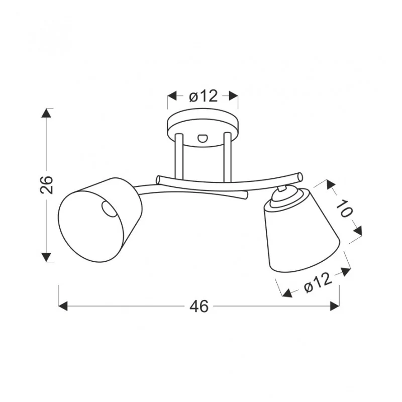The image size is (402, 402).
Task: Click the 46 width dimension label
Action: pyautogui.click(x=199, y=306)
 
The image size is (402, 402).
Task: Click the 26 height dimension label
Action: pyautogui.click(x=47, y=185)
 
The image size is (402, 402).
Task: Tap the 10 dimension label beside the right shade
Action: pyautogui.click(x=344, y=208)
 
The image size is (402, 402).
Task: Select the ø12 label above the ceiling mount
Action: pyautogui.click(x=204, y=96)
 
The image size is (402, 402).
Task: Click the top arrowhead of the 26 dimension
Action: pyautogui.click(x=46, y=113)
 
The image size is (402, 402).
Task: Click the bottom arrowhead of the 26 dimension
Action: pyautogui.click(x=46, y=257)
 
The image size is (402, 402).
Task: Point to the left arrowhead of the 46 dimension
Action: pyautogui.click(x=63, y=306)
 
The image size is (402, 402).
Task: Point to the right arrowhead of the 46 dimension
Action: pyautogui.click(x=335, y=306)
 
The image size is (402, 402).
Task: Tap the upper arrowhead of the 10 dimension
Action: pyautogui.click(x=331, y=184)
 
